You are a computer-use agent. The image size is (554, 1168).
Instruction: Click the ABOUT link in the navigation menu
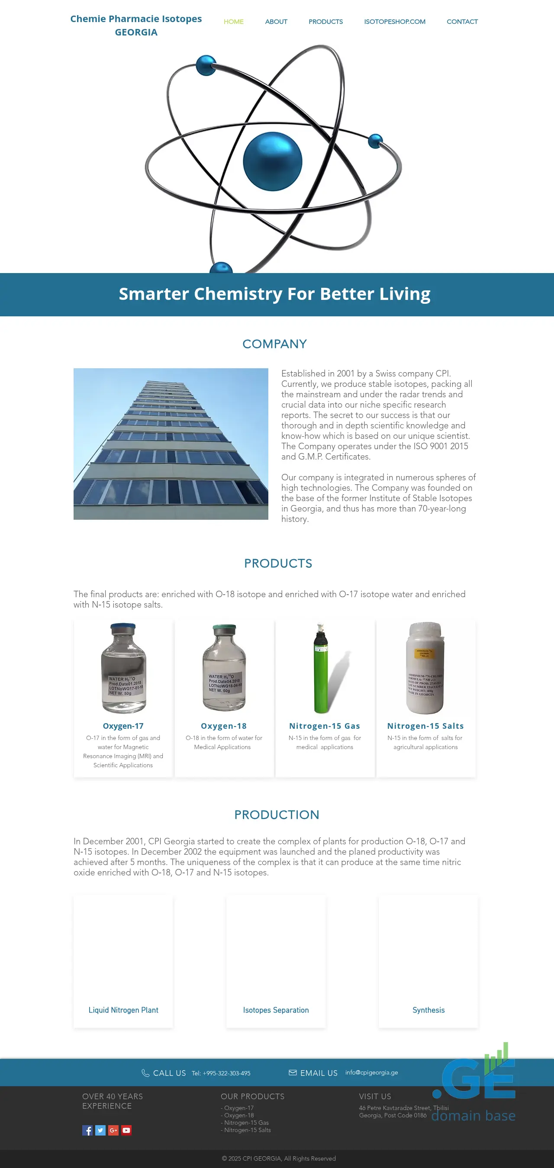coord(276,22)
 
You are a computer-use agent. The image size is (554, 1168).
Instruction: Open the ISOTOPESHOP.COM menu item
coord(394,22)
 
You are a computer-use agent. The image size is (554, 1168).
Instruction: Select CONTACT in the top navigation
coord(462,22)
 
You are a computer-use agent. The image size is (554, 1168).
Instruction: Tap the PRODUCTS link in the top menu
coord(325,22)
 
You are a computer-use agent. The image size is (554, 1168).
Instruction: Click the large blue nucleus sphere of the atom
coord(273,161)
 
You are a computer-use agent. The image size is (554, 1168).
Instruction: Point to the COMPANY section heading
coord(274,344)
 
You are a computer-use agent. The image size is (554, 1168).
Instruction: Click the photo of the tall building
coord(171,444)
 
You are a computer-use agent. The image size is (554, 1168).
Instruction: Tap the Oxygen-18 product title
coord(223,726)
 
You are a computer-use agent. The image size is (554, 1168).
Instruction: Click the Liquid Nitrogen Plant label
coord(123,1010)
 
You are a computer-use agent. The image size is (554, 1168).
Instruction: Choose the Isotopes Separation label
coord(276,1010)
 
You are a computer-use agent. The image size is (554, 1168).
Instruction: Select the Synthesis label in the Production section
coord(428,1010)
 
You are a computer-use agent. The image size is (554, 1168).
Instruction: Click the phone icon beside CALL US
coord(145,1073)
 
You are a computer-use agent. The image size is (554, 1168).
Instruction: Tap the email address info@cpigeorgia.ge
coord(371,1072)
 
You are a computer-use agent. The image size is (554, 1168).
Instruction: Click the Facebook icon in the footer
coord(87,1130)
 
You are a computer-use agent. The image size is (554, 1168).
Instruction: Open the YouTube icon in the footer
coord(126,1130)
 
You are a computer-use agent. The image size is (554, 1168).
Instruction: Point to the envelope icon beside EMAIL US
coord(293,1072)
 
